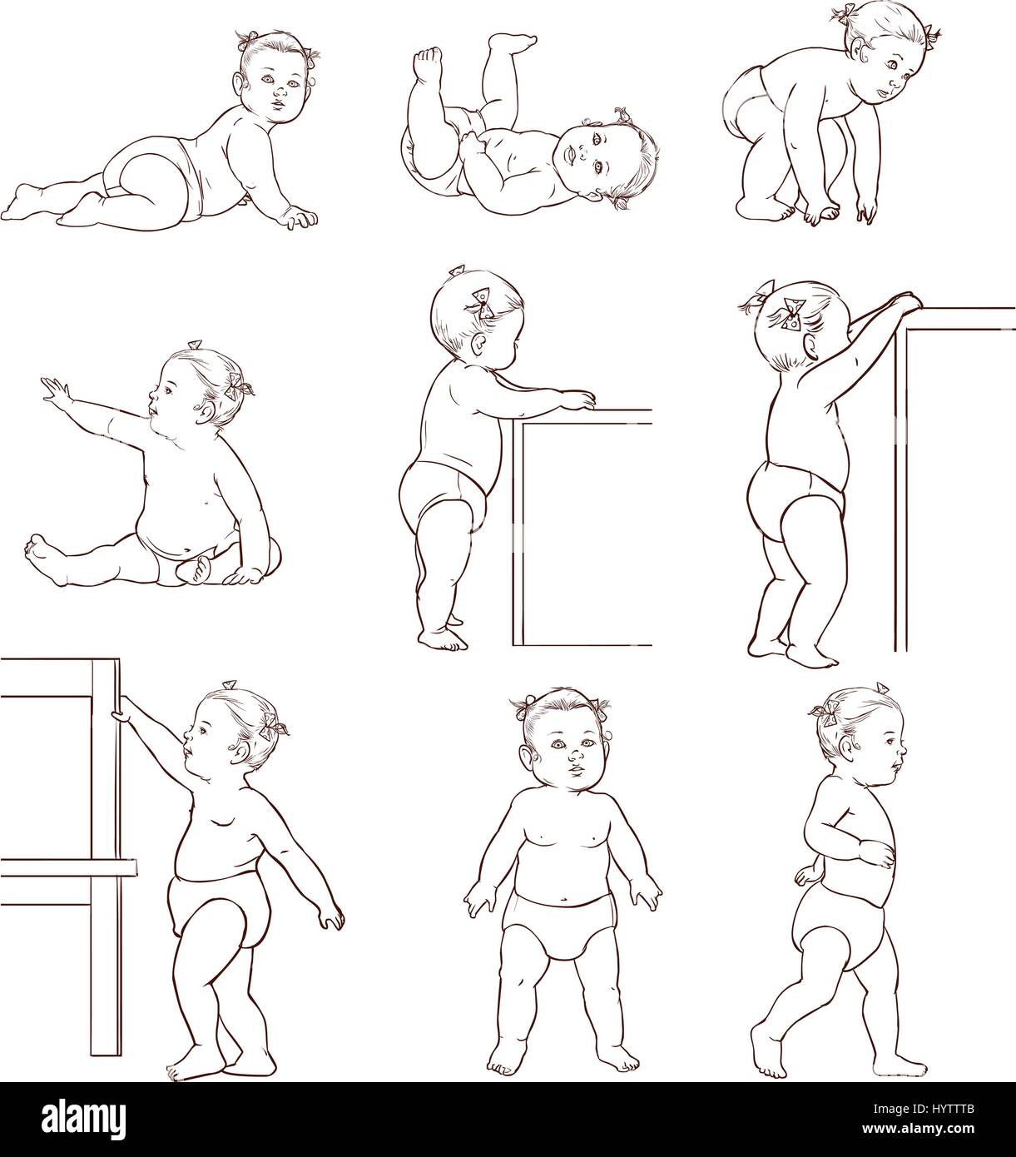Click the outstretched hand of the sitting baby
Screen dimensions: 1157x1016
[53, 389]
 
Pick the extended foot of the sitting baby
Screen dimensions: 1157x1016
[37, 549]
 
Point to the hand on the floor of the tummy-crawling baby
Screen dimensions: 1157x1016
[297, 220]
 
